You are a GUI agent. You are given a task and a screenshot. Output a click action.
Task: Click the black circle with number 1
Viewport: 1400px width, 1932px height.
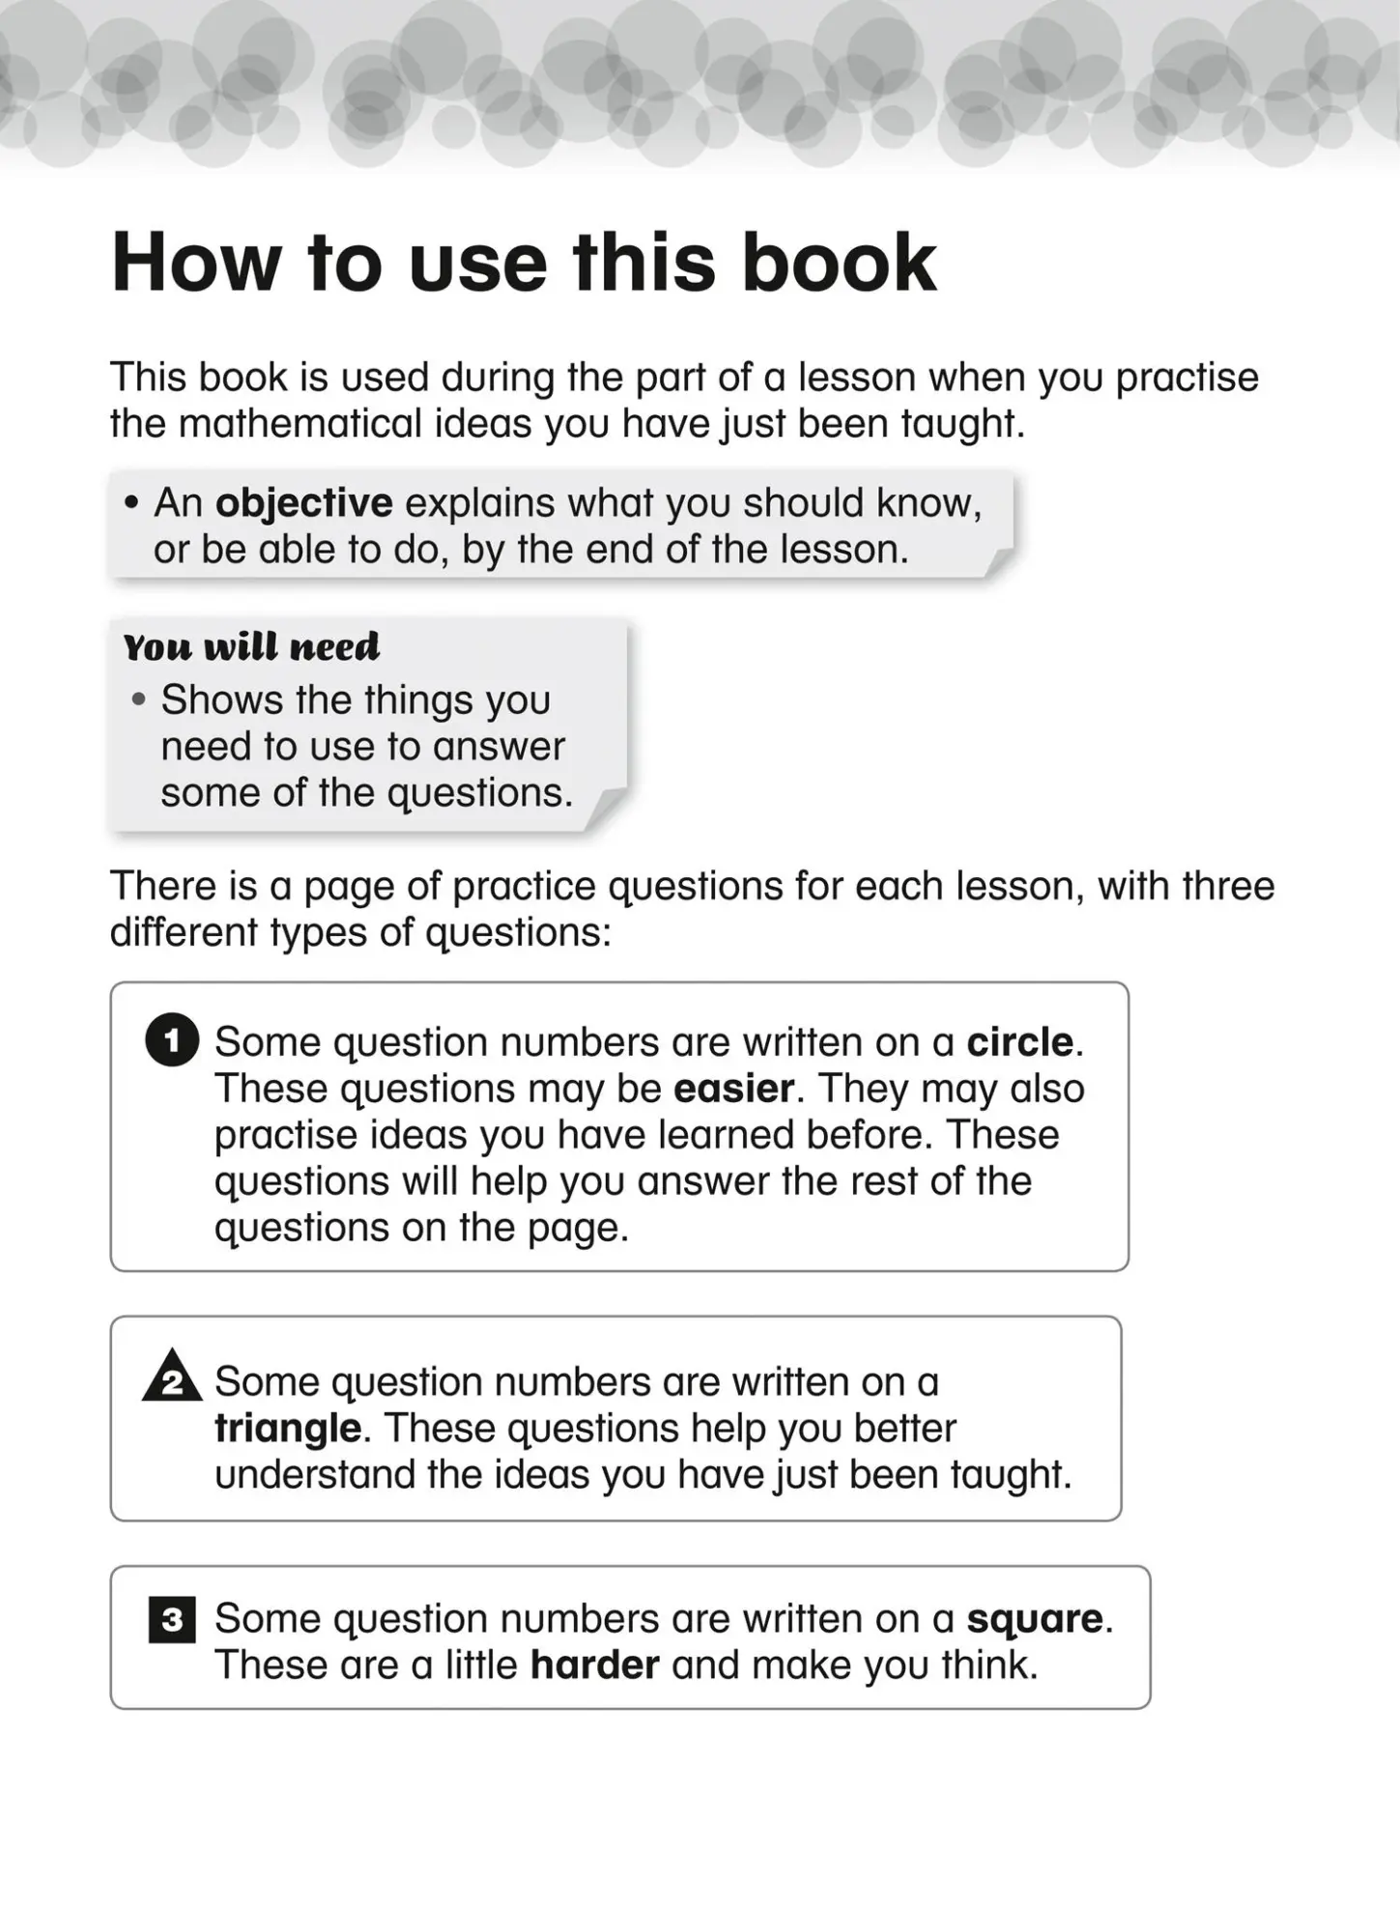(x=172, y=1040)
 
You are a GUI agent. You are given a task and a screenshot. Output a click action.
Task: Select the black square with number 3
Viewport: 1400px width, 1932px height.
(x=172, y=1619)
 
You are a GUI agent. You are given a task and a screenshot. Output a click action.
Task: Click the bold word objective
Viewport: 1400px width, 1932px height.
(x=303, y=503)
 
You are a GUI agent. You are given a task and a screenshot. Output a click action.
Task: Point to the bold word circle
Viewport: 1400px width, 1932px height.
(x=1019, y=1042)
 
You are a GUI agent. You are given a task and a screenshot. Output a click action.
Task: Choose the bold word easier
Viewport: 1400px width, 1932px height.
(x=733, y=1089)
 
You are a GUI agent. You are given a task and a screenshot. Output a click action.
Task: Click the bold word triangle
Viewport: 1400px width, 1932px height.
(x=288, y=1428)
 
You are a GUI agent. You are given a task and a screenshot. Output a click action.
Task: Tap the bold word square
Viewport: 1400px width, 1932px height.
(x=1035, y=1619)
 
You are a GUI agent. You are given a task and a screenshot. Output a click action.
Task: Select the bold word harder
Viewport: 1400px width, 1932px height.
(x=594, y=1665)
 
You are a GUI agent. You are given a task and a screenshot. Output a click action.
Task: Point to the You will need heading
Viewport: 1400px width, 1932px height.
(x=251, y=646)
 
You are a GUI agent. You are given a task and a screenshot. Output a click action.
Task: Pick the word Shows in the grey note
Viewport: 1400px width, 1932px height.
(x=222, y=699)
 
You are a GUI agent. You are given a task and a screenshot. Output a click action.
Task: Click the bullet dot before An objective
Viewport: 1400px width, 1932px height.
(x=131, y=503)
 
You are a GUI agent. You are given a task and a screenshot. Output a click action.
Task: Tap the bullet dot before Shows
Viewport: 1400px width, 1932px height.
(x=139, y=699)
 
